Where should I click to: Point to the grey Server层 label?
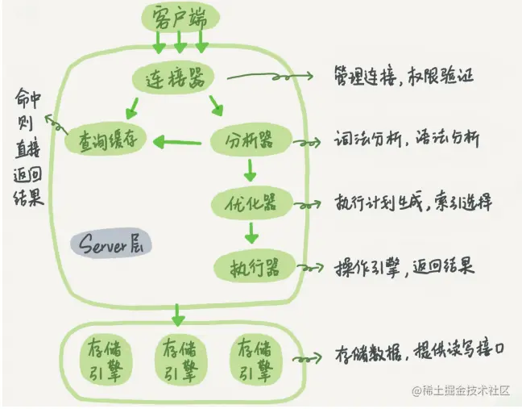pyautogui.click(x=110, y=243)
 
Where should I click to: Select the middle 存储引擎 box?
pyautogui.click(x=178, y=357)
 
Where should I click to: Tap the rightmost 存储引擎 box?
pyautogui.click(x=255, y=357)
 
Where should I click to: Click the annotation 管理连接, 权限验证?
pyautogui.click(x=403, y=77)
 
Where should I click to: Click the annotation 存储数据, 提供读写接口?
pyautogui.click(x=421, y=354)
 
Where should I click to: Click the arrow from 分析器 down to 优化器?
pyautogui.click(x=250, y=171)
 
